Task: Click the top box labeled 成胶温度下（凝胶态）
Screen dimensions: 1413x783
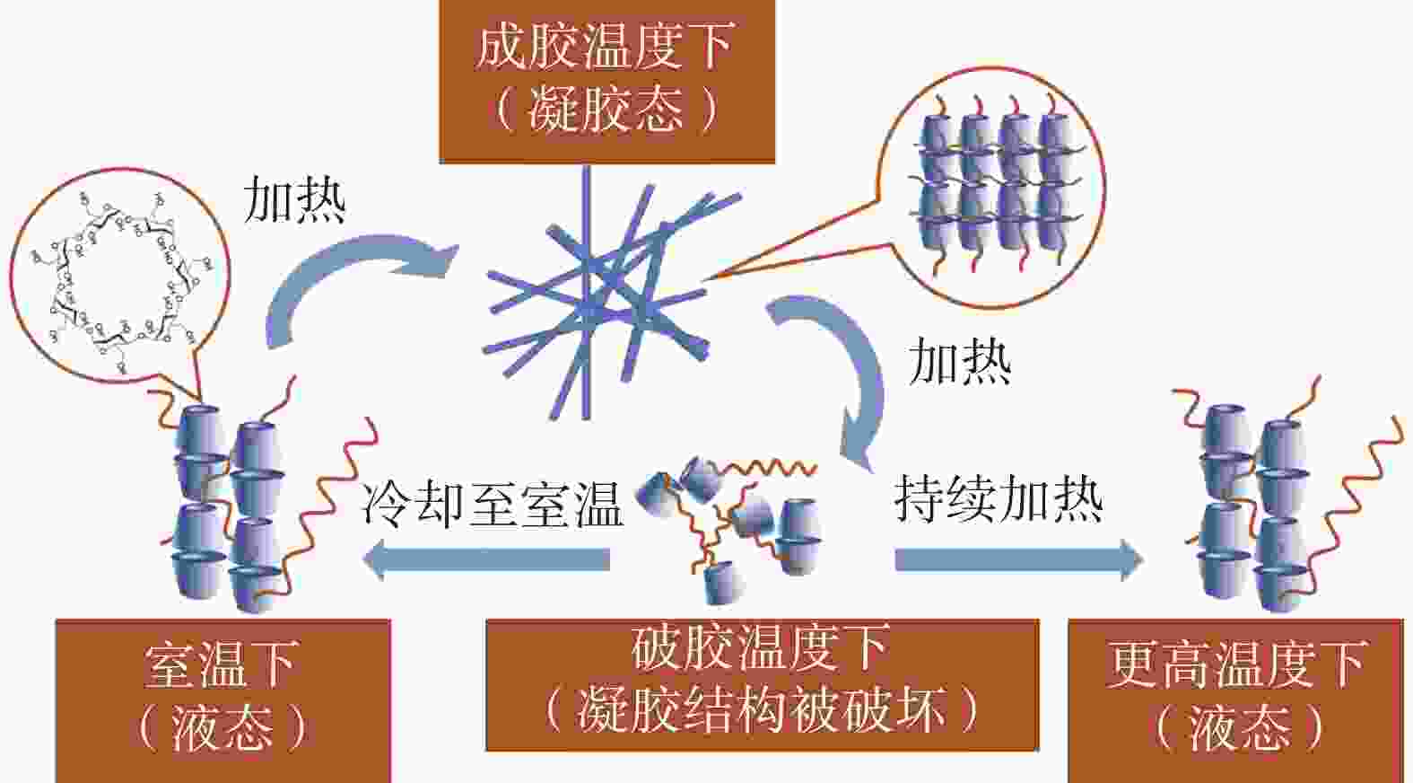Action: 606,81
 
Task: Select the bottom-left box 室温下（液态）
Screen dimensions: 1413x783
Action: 223,701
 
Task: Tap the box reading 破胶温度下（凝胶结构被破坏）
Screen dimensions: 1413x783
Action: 763,685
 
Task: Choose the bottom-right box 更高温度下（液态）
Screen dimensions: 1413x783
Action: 1236,701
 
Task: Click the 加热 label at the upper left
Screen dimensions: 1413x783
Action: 294,199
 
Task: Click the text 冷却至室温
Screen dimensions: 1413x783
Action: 492,506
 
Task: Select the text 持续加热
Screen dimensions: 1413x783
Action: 999,499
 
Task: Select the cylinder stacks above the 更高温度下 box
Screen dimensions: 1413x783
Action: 1280,499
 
